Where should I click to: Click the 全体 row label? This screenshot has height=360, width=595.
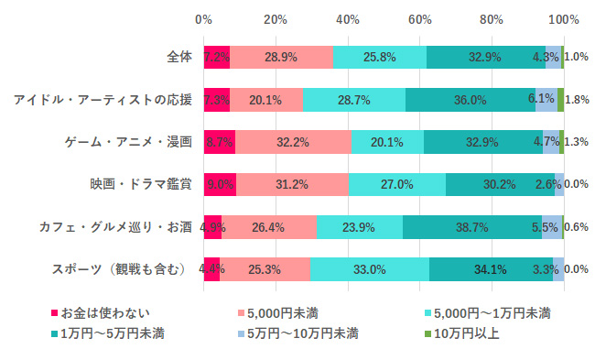tap(179, 56)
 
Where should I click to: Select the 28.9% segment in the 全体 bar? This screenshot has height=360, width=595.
tap(281, 56)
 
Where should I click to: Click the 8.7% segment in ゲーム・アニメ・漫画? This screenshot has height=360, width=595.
tap(220, 141)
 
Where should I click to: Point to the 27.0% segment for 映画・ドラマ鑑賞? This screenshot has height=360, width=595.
tap(397, 183)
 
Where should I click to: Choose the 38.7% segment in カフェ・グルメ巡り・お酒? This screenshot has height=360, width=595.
tap(471, 226)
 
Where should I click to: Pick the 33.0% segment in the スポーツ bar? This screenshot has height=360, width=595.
tap(370, 269)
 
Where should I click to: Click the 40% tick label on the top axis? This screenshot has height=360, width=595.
tap(347, 19)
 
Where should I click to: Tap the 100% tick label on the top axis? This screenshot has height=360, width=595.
tap(563, 19)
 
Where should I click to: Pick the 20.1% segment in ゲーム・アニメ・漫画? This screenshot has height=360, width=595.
tap(387, 141)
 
